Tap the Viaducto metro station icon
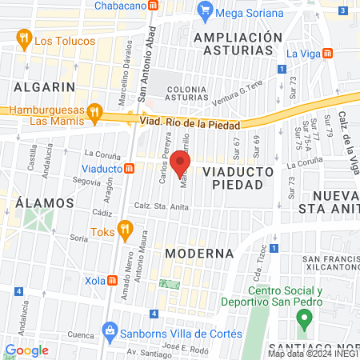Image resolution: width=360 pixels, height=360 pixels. [x=129, y=169]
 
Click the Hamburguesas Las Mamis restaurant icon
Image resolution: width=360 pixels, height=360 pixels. [x=95, y=112]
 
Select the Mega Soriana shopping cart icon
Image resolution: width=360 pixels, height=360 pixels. [x=206, y=13]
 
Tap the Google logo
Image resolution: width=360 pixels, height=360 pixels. [x=26, y=350]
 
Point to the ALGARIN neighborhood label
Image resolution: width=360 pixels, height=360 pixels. [x=44, y=86]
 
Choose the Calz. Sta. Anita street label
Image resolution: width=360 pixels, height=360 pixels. [x=162, y=206]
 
